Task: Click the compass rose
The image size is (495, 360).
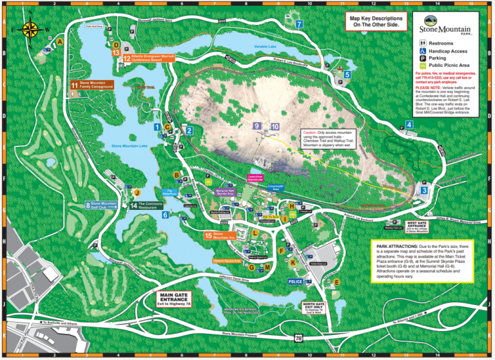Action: [x=30, y=29]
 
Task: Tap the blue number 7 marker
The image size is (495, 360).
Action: [x=300, y=24]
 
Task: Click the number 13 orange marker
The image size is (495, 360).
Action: [x=116, y=52]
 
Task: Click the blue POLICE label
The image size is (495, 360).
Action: [x=296, y=281]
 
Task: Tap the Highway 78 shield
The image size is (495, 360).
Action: [x=298, y=337]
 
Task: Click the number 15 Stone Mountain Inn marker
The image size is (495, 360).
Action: [x=208, y=236]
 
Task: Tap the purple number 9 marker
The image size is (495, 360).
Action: [x=257, y=126]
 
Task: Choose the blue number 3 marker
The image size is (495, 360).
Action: [x=424, y=190]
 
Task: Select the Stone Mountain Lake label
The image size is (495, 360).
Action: [x=130, y=146]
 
